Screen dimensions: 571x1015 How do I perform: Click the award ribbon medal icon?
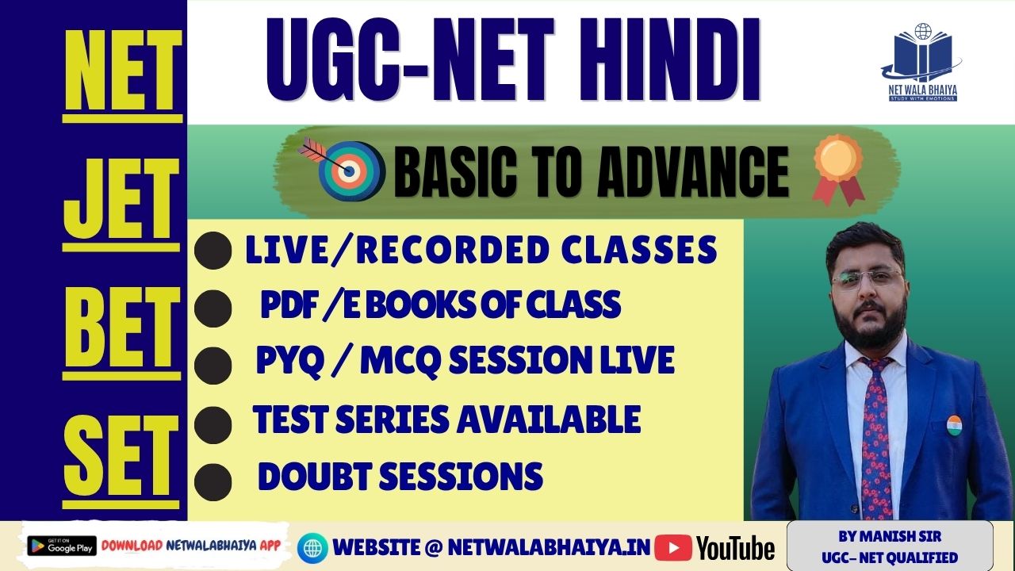[837, 168]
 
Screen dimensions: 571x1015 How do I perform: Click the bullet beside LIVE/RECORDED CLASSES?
[213, 251]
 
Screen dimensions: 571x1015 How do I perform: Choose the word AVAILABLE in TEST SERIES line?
[550, 419]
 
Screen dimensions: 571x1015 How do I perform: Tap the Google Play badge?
[61, 546]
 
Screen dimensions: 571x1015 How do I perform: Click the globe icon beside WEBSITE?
[312, 547]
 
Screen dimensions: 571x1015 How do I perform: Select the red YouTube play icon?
[673, 547]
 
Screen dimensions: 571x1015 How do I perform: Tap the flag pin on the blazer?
[954, 424]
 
